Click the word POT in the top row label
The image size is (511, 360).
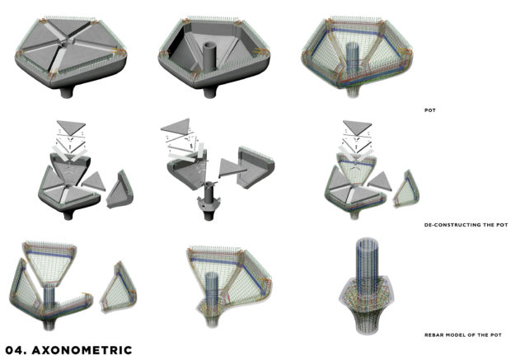coord(430,110)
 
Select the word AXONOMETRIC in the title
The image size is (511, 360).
coord(82,350)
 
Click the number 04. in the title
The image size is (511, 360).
coord(16,350)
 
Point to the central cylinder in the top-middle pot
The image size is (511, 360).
coord(209,56)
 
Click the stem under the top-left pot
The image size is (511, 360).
coord(68,91)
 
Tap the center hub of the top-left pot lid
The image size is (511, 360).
coord(66,41)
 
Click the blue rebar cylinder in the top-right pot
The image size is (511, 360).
coord(352,57)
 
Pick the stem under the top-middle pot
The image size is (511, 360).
coord(209,92)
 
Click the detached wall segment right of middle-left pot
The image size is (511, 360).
coord(120,189)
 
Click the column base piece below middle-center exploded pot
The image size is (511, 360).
coord(209,202)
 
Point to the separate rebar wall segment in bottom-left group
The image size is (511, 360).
coord(119,288)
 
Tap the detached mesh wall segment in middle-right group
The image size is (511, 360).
coord(406,189)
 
